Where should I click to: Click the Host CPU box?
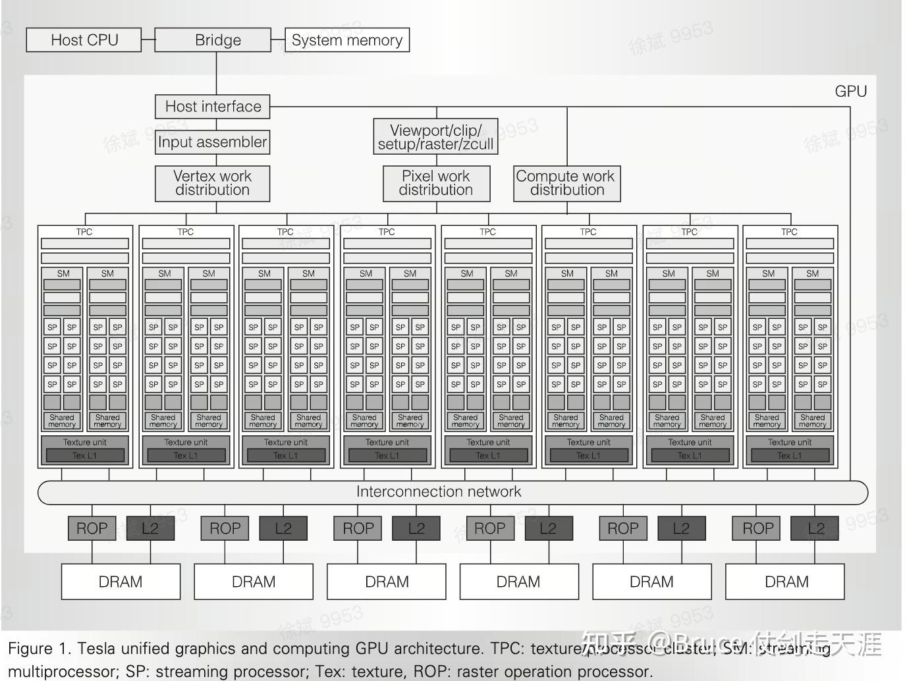(84, 40)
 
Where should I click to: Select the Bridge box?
(217, 40)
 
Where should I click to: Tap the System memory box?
(347, 40)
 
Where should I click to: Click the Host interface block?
(213, 107)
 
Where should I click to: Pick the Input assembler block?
(213, 142)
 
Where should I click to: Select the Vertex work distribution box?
(212, 183)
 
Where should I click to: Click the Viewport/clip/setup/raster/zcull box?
(435, 137)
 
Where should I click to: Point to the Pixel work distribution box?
(436, 183)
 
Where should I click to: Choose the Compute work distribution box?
(566, 183)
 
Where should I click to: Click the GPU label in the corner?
(850, 92)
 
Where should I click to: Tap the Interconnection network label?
(439, 492)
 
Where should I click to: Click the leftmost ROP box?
(92, 528)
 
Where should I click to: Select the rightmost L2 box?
(815, 528)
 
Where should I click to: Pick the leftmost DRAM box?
(121, 582)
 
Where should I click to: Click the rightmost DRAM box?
(786, 582)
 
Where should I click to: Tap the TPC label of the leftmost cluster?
(84, 232)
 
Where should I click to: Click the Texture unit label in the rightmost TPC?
(789, 443)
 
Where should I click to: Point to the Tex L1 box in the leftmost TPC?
(84, 456)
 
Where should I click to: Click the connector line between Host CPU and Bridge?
(148, 40)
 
